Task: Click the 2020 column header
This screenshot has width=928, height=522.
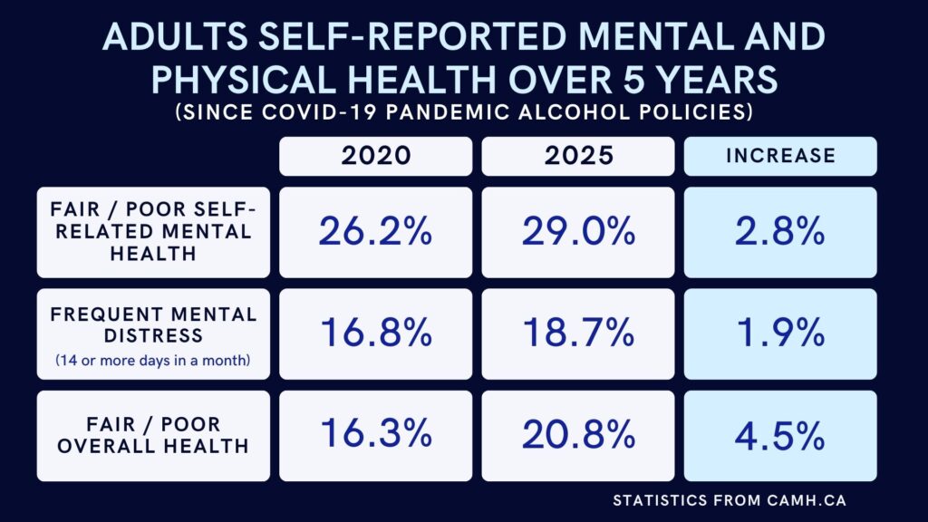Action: (x=375, y=156)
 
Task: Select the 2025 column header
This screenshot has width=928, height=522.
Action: (x=578, y=156)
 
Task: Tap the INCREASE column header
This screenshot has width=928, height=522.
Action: (x=780, y=156)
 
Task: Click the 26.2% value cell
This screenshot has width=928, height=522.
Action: (x=375, y=232)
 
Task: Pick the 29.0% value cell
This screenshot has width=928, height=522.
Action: (x=578, y=232)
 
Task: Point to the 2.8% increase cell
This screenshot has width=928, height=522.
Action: (x=780, y=232)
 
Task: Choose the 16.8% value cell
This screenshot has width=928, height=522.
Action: (x=375, y=334)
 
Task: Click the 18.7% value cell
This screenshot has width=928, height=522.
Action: (x=578, y=334)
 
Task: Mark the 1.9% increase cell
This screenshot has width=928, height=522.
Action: (x=780, y=334)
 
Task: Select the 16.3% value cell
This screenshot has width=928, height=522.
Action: (x=375, y=436)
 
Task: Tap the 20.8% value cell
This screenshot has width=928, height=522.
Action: (x=578, y=436)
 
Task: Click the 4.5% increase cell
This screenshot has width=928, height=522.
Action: (x=780, y=436)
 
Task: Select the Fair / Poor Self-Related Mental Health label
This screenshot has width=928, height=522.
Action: (x=153, y=232)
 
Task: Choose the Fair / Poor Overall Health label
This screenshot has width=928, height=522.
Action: (x=153, y=436)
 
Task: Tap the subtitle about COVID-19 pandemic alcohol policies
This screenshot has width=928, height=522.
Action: (x=464, y=113)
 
